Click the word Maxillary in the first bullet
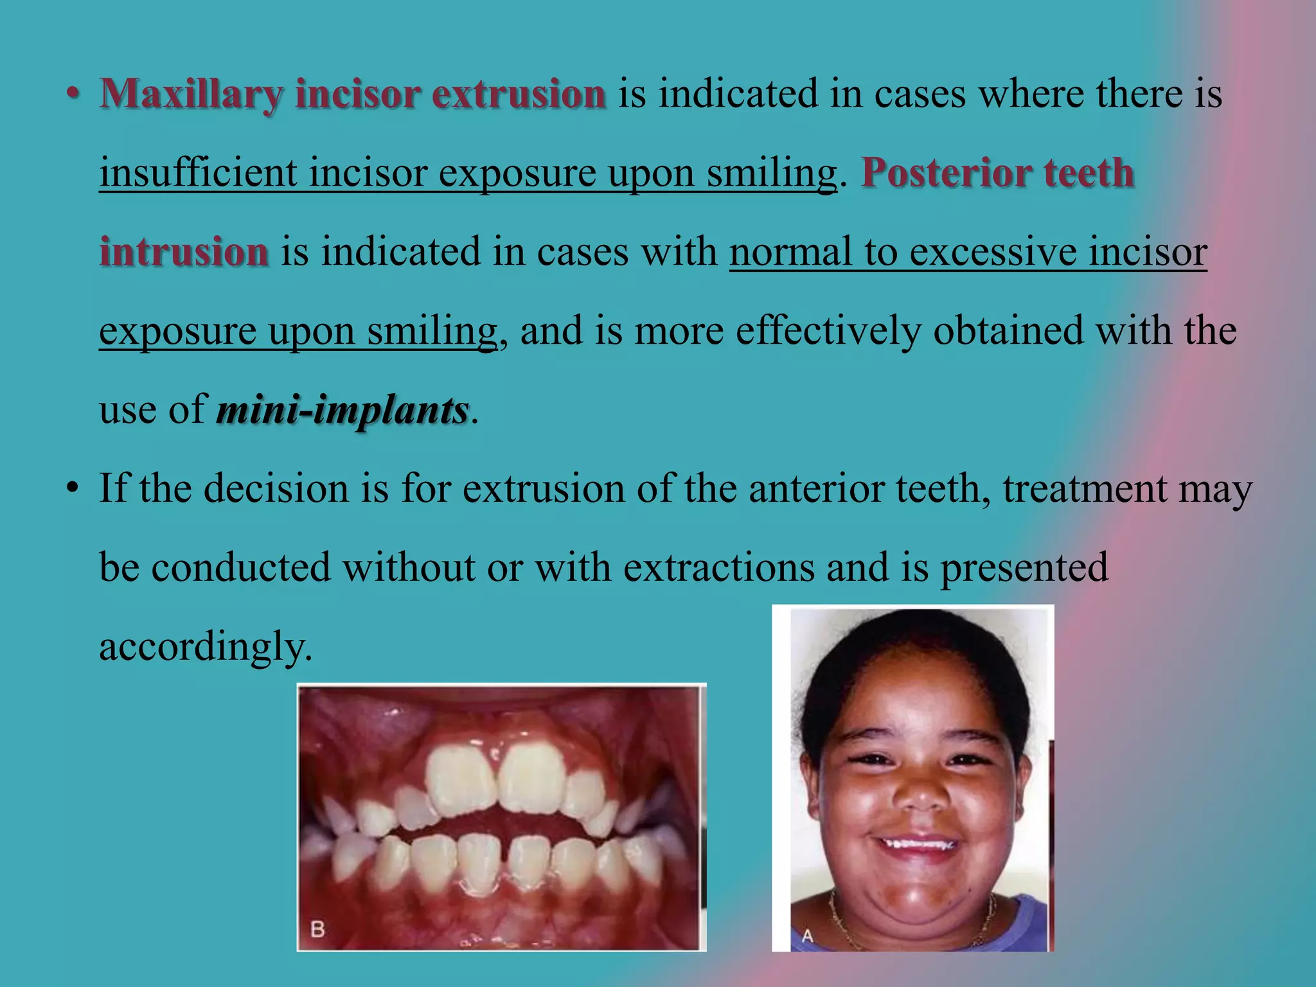tap(191, 94)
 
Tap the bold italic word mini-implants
tap(342, 410)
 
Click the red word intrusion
tap(184, 251)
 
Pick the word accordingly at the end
tap(206, 646)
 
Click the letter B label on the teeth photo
tap(317, 929)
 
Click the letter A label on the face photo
tap(807, 936)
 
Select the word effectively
tap(828, 331)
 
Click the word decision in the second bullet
tap(276, 488)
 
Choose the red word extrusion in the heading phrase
tap(519, 94)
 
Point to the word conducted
tap(240, 567)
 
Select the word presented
tap(1024, 567)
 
